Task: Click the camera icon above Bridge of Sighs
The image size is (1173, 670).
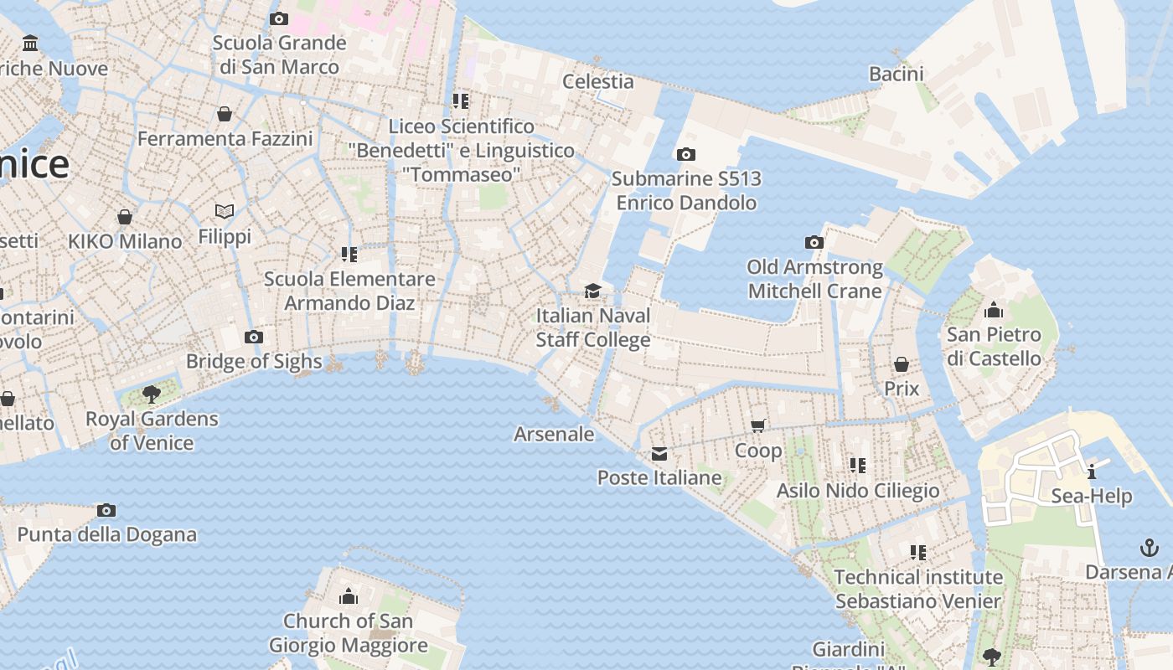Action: click(x=254, y=338)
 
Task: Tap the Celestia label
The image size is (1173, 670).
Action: click(x=597, y=81)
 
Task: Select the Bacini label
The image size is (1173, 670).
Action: click(x=896, y=74)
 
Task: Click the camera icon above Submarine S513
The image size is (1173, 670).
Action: click(x=685, y=154)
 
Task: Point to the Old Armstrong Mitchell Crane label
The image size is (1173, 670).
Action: click(x=814, y=279)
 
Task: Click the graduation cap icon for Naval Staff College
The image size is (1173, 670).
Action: click(x=592, y=291)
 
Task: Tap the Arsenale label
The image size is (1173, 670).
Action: click(x=554, y=434)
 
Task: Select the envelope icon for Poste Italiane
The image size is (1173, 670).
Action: click(x=659, y=454)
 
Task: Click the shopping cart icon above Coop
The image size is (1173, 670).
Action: click(x=758, y=425)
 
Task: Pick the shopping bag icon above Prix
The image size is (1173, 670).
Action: click(x=902, y=364)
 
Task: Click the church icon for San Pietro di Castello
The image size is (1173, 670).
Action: click(x=994, y=310)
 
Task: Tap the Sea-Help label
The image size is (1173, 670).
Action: click(x=1091, y=496)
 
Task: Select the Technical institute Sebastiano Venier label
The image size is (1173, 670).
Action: click(x=918, y=589)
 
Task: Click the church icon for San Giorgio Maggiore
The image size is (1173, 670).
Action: click(x=348, y=596)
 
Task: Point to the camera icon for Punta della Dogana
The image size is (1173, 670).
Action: click(x=106, y=510)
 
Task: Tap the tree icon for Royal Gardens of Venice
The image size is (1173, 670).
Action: click(x=152, y=394)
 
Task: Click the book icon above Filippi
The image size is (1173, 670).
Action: click(x=224, y=211)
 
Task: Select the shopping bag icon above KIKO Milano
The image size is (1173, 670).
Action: click(x=125, y=217)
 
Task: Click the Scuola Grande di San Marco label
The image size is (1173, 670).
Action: click(x=279, y=54)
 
